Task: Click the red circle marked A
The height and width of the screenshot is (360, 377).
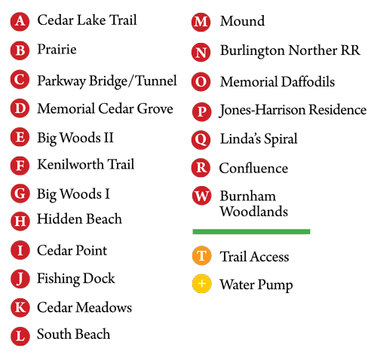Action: pos(20,22)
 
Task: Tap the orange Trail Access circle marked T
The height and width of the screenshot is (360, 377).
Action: pos(201,256)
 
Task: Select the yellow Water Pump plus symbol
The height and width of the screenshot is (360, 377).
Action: pos(201,284)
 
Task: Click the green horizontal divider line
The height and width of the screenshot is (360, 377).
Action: pos(251,231)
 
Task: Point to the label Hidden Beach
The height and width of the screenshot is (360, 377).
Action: pos(79,218)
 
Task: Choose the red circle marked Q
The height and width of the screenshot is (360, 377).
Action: pos(201,140)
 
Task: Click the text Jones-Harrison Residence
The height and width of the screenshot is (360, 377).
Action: pos(293,110)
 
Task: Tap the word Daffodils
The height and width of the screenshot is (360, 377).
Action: pos(308,81)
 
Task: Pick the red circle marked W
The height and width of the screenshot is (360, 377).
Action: pos(201,196)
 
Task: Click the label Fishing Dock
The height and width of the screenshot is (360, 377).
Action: pos(76,279)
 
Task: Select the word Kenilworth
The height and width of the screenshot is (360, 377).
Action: pos(71,164)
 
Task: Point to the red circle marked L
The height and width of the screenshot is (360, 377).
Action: pos(20,336)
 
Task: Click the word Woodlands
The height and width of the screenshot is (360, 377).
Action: pos(254,211)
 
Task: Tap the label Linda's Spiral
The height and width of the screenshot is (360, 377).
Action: pos(259,139)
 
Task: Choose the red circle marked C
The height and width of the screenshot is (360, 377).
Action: pos(20,79)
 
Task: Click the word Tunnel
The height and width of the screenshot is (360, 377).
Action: pos(156,81)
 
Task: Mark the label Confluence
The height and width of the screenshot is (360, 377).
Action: pos(253,168)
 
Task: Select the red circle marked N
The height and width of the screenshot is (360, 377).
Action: pos(201,53)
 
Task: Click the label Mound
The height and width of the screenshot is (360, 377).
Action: pos(242,21)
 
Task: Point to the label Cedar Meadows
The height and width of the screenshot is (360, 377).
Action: pos(84,307)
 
